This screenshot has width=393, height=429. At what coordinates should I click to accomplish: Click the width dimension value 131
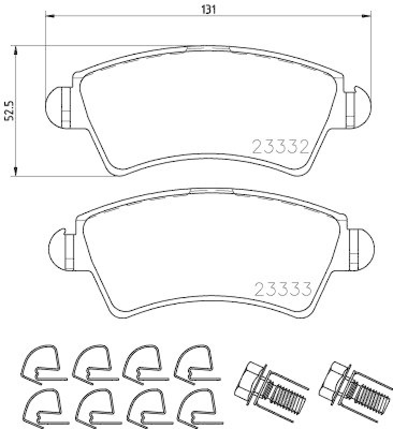[209, 10]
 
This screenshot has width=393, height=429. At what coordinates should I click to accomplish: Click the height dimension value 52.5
[10, 110]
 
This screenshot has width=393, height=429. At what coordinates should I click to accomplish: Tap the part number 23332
[280, 146]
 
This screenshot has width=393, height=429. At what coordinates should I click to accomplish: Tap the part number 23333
[283, 289]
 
